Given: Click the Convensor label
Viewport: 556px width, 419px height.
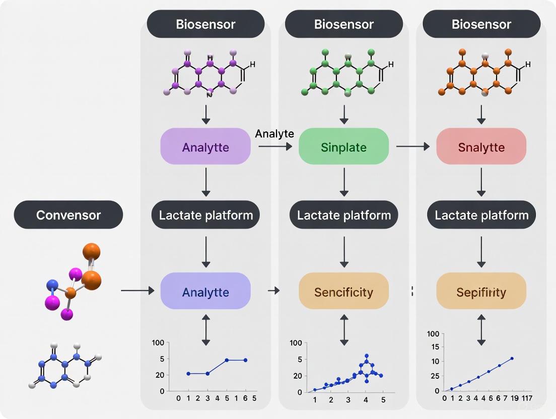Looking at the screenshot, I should click(x=68, y=215).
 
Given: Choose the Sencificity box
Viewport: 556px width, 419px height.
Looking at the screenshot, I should click(x=343, y=292).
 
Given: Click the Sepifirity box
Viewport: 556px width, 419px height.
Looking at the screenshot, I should click(x=481, y=292).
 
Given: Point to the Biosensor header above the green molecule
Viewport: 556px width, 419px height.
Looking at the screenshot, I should click(x=343, y=24).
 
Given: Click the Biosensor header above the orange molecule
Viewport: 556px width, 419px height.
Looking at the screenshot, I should click(x=481, y=24).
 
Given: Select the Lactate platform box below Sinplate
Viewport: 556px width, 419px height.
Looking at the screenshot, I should click(x=343, y=216).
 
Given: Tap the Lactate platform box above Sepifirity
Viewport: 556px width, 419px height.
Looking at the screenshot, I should click(x=481, y=216).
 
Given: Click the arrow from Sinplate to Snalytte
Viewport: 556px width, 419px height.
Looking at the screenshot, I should click(x=412, y=147).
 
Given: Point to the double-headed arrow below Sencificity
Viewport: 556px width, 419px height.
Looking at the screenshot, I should click(x=344, y=330).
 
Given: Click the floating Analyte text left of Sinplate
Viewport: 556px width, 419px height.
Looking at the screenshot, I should click(x=274, y=133).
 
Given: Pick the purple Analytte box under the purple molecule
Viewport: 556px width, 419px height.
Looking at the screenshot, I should click(x=205, y=147).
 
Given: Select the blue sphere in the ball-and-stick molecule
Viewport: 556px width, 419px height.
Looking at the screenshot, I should click(x=52, y=286).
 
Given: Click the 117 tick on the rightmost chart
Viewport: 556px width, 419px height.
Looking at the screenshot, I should click(x=527, y=398).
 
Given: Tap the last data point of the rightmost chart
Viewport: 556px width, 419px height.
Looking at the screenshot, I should click(x=512, y=359).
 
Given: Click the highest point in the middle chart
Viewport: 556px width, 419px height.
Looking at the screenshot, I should click(x=367, y=356).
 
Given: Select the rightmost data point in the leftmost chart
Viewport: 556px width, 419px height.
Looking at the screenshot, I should click(x=245, y=360).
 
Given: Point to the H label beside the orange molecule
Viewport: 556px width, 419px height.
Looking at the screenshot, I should click(x=528, y=64).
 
